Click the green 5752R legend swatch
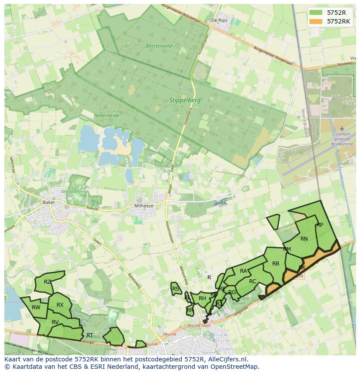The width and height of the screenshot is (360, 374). (x=317, y=13)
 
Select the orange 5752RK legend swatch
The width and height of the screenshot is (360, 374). (x=317, y=21)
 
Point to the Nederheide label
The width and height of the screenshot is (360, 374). (x=107, y=116)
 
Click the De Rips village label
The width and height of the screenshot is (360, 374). (x=219, y=20)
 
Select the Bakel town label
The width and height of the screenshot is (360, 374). (x=48, y=202)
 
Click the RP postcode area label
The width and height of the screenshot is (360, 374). (x=320, y=225)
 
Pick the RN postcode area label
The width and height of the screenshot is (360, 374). (x=304, y=238)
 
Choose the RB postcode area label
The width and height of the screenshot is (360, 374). (x=276, y=263)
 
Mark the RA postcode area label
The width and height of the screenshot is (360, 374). (x=243, y=271)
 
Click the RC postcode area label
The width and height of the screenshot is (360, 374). (x=253, y=281)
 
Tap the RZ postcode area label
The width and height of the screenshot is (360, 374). (x=47, y=281)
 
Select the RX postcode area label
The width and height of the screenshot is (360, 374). (x=60, y=304)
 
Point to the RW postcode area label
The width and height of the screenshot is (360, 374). (x=36, y=307)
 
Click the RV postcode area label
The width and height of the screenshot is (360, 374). (x=55, y=322)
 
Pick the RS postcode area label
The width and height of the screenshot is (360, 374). (x=176, y=288)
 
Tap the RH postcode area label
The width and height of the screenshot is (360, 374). (x=202, y=298)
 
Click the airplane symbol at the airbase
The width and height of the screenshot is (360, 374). (x=341, y=129)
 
